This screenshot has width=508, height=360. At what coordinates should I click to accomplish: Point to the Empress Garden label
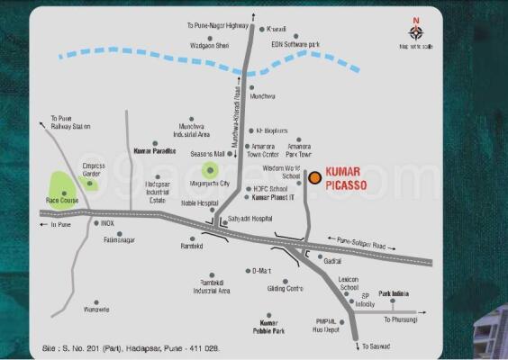[95, 170]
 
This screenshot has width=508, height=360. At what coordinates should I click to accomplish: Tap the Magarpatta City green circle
[211, 169]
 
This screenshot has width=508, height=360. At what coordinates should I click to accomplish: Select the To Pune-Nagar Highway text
[217, 26]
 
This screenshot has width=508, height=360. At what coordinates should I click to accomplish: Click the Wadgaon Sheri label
[211, 43]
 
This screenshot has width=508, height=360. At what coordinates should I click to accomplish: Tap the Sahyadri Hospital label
[249, 218]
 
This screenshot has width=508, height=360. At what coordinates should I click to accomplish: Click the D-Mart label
[261, 270]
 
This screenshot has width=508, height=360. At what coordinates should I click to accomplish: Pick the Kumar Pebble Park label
[266, 327]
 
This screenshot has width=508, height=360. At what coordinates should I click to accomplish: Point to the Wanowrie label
[96, 309]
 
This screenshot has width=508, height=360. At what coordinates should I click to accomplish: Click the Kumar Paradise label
[154, 151]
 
